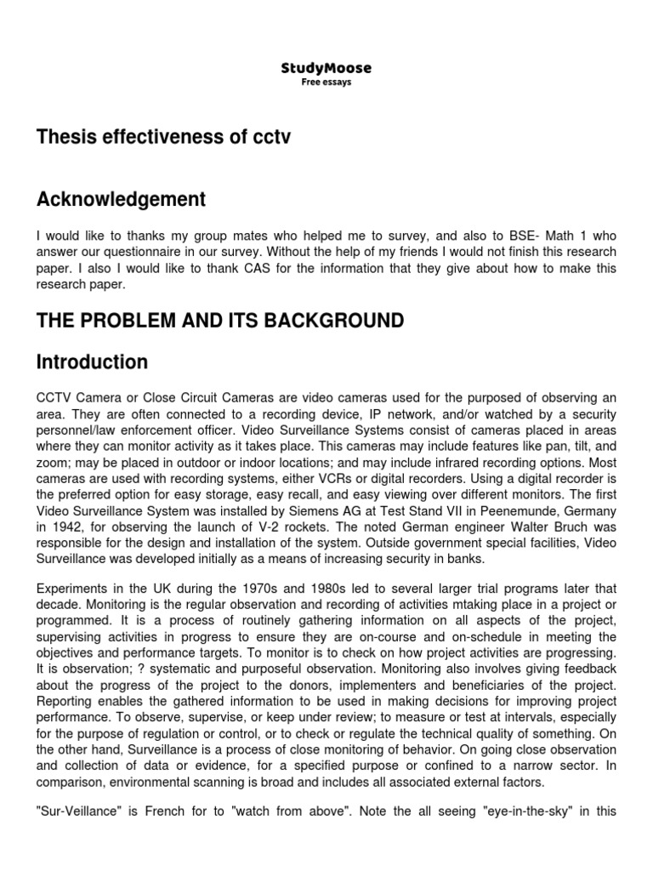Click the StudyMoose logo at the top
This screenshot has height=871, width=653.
tap(326, 68)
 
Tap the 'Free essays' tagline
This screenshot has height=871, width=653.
tap(326, 83)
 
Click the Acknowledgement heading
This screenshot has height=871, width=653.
tap(121, 200)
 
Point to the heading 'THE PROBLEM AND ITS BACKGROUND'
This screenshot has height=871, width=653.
tap(219, 321)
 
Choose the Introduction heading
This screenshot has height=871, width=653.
tap(92, 362)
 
